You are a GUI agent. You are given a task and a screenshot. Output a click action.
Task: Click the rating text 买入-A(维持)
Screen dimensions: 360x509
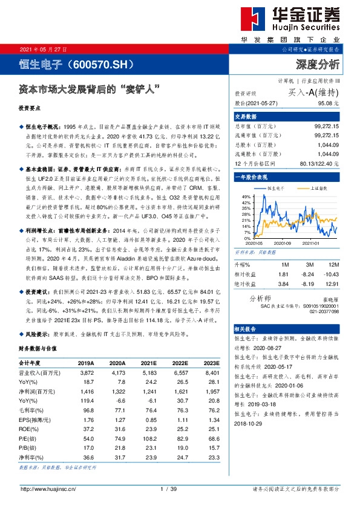314,92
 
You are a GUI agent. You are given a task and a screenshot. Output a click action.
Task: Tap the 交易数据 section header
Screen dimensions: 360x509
246,116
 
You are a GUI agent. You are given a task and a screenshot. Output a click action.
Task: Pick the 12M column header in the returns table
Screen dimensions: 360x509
332,264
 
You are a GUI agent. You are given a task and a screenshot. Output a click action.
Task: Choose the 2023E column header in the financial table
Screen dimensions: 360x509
211,363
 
